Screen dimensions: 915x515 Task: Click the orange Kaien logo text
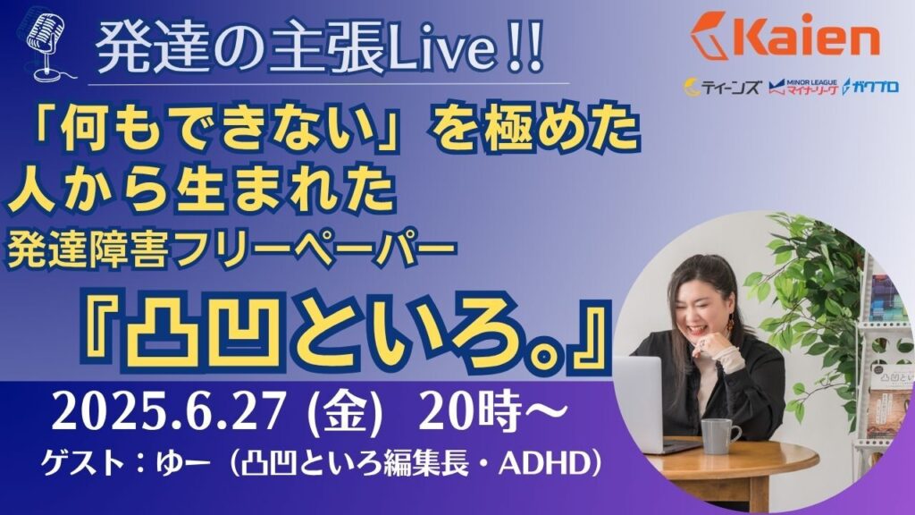[784, 35]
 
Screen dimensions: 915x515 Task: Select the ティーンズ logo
[722, 88]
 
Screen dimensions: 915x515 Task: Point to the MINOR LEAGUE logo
[803, 88]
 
